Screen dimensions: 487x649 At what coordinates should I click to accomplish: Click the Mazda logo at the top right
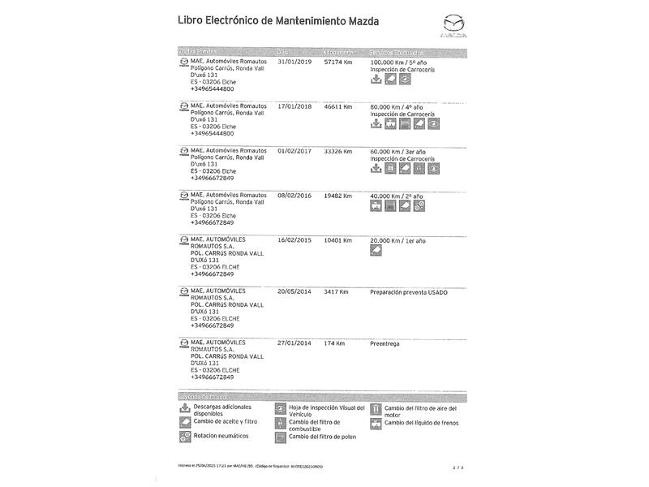click(453, 26)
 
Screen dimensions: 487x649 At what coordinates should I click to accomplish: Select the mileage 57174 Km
click(338, 61)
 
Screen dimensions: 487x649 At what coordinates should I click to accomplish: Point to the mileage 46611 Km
click(338, 106)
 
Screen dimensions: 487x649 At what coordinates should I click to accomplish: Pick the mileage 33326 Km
click(338, 151)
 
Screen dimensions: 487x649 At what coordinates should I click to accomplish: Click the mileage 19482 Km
click(338, 196)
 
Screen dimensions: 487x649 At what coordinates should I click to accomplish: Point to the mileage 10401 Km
click(338, 240)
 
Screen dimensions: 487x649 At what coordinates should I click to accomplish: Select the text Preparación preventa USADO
click(408, 291)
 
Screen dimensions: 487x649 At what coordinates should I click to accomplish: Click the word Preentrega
click(386, 343)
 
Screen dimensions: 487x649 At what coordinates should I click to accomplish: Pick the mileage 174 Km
click(334, 343)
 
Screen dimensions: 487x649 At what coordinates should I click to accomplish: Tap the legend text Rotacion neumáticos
click(221, 436)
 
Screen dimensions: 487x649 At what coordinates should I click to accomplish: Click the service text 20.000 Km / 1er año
click(398, 240)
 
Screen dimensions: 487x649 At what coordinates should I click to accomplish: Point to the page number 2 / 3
click(458, 468)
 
